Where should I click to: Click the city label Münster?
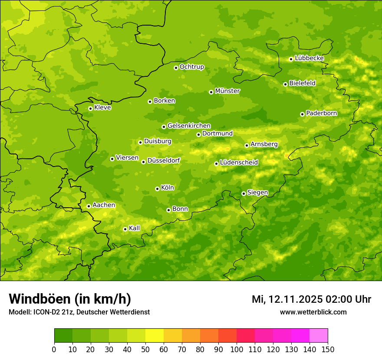227,91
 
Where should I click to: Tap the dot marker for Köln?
157,189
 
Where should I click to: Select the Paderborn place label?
322,113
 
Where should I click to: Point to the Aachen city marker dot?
89,206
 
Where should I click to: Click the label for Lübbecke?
310,58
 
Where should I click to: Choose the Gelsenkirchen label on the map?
189,126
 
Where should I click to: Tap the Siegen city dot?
244,193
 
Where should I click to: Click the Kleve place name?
102,108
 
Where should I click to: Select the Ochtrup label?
192,67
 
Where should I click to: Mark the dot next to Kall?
125,229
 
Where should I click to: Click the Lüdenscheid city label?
239,163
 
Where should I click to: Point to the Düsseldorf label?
164,160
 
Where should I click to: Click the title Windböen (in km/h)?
70,299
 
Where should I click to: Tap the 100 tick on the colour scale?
237,349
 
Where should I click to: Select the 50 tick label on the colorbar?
145,349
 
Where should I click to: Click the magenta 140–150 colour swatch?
319,336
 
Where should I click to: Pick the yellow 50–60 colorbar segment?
155,336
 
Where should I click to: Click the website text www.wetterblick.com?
313,312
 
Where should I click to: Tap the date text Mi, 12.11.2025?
287,299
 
